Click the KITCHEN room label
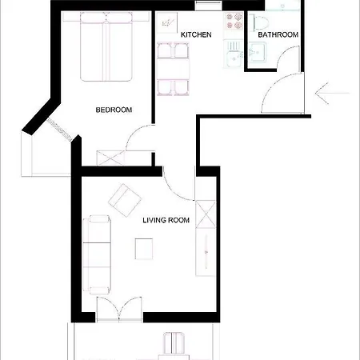tap(196, 34)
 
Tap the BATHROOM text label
tap(278, 34)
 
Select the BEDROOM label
tap(114, 110)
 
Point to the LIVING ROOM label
tap(166, 220)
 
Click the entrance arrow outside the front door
tap(332, 93)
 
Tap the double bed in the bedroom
tap(106, 46)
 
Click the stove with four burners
tap(234, 22)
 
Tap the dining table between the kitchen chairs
tap(173, 69)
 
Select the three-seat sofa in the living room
tap(97, 254)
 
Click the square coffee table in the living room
tap(144, 249)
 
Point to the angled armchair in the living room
tap(125, 200)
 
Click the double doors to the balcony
tap(119, 309)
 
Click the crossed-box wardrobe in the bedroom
tap(110, 158)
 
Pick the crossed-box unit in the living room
tap(206, 214)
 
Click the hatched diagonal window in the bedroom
tap(59, 130)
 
